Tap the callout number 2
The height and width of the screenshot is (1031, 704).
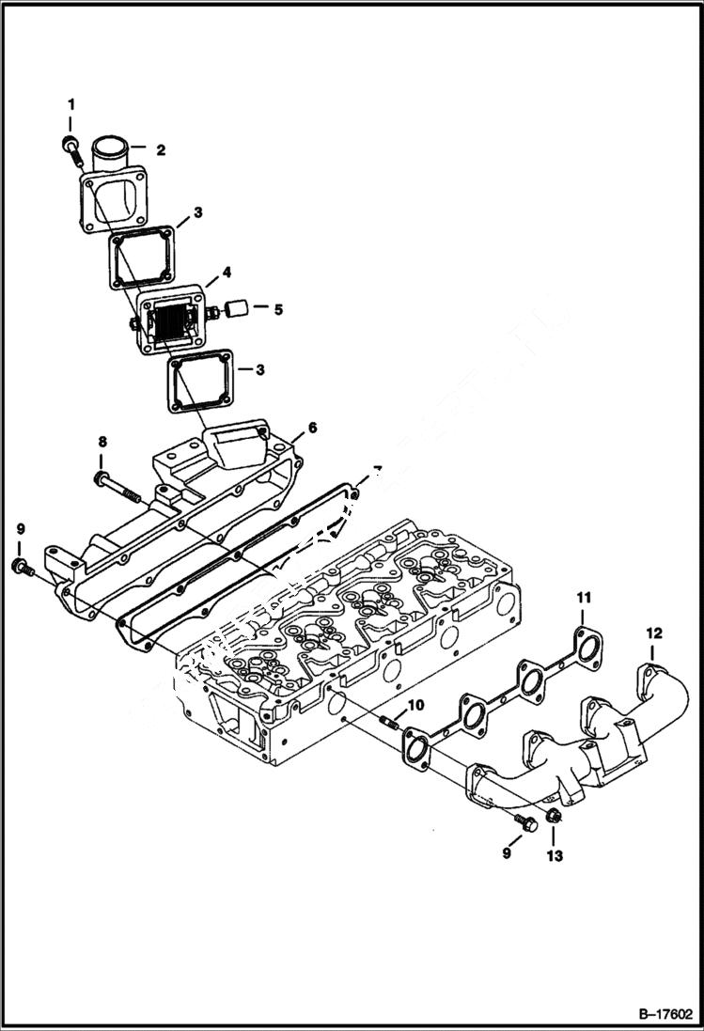[161, 149]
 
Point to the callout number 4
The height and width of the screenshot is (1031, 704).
[226, 274]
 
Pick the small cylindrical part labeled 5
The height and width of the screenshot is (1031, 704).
[235, 308]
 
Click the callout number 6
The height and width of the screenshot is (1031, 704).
[312, 428]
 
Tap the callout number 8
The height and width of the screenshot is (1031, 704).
[102, 442]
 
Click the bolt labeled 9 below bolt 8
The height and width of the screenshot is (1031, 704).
[21, 567]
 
